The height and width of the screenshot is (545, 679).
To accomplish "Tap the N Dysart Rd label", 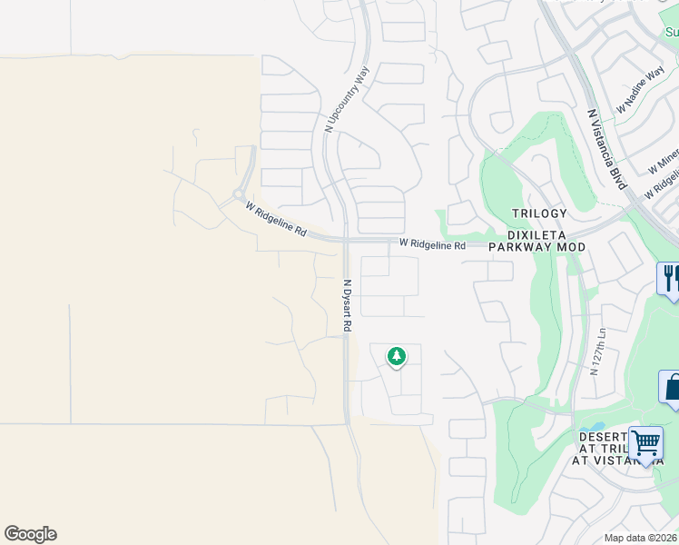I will click(346, 304).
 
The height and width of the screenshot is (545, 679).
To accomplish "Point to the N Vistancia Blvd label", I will click(607, 149).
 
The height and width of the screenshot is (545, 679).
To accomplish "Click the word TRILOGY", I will click(538, 213).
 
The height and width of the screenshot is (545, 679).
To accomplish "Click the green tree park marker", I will click(396, 356).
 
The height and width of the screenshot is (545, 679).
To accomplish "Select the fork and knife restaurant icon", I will click(670, 277).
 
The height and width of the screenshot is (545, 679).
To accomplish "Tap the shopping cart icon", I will click(645, 444).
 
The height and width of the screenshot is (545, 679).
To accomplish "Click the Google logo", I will click(30, 534).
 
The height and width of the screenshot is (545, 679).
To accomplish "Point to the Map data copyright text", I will click(641, 538).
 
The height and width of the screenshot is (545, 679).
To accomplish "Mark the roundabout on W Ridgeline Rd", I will click(239, 193).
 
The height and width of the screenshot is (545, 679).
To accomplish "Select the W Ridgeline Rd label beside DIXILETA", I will click(432, 245).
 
